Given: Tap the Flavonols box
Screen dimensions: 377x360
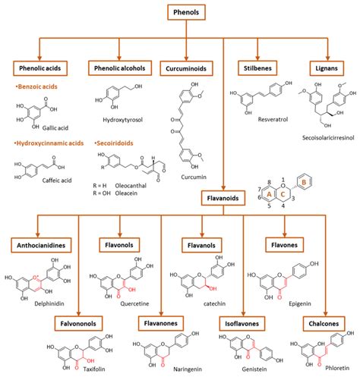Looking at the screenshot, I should pos(122,245).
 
